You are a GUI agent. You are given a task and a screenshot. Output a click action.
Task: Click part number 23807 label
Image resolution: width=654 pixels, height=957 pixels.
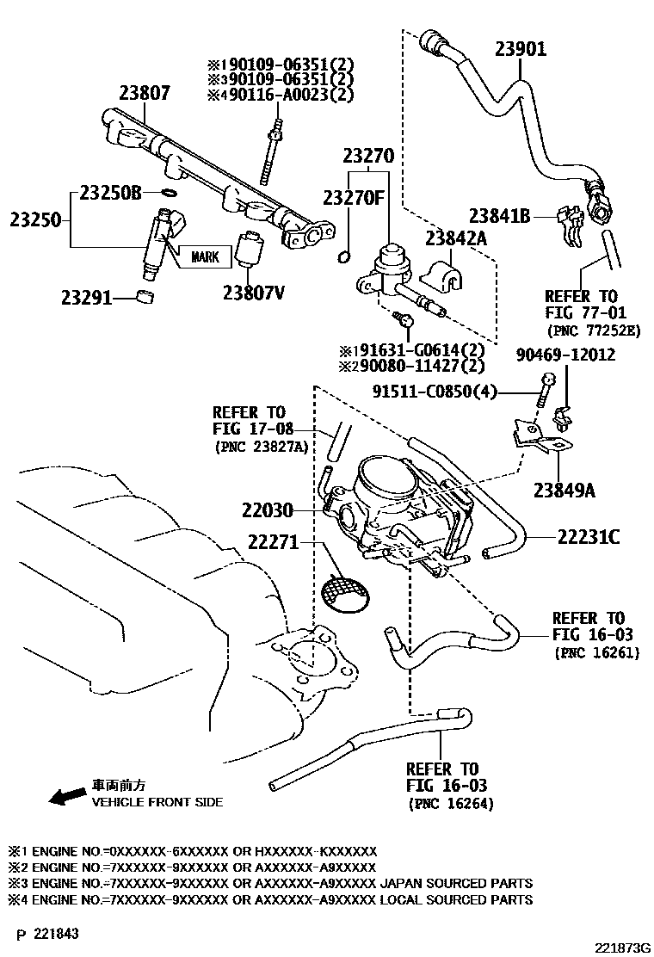point(145,93)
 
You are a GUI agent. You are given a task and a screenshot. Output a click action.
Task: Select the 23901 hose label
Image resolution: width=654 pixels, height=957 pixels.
point(520,49)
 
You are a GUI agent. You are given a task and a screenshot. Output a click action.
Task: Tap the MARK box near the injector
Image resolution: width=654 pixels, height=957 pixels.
point(205,256)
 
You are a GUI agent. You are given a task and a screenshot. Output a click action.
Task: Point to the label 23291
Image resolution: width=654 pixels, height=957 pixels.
point(86,299)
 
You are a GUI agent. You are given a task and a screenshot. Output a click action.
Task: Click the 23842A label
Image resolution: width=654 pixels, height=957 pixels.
point(455,238)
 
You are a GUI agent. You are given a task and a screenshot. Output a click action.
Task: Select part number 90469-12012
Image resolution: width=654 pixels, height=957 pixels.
point(565,355)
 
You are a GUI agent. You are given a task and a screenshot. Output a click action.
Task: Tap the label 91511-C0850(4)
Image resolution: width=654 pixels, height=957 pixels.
point(435,392)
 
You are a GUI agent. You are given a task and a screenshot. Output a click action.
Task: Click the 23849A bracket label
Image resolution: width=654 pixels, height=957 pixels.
point(565,491)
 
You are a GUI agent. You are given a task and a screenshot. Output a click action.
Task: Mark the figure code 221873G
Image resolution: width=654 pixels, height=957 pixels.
point(615,948)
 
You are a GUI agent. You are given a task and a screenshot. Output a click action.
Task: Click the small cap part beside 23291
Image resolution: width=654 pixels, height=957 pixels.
point(145,298)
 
